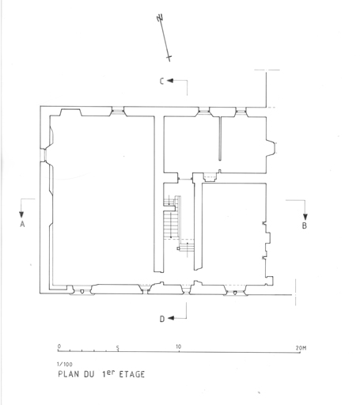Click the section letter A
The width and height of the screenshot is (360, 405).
point(22,224)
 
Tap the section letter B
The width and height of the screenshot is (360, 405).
point(305,225)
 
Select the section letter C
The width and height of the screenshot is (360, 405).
point(162,81)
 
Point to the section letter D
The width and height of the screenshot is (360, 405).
point(162,319)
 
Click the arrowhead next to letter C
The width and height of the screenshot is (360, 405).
point(170,81)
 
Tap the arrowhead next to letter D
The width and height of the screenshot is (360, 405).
point(171,318)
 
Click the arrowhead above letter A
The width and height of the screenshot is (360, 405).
point(21,214)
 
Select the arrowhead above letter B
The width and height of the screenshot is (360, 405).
point(305,217)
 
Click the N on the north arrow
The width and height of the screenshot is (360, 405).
point(160,18)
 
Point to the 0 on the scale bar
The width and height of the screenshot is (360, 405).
point(59,346)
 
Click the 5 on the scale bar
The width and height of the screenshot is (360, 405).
point(118,348)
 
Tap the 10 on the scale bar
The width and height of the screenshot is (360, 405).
point(179,346)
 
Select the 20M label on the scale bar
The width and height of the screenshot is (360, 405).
point(301,348)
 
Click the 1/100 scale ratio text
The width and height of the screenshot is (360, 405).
point(65,365)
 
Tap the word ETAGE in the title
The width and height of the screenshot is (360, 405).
point(132,374)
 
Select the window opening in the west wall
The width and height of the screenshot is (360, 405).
point(43,155)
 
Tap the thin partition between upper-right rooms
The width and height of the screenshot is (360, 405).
point(220,138)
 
